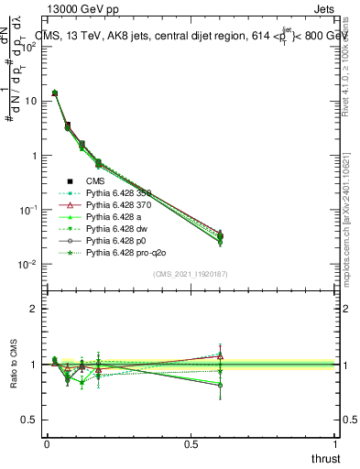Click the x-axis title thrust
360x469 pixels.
(x=326, y=458)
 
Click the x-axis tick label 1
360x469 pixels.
(x=334, y=444)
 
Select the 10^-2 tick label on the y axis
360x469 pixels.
(x=27, y=265)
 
